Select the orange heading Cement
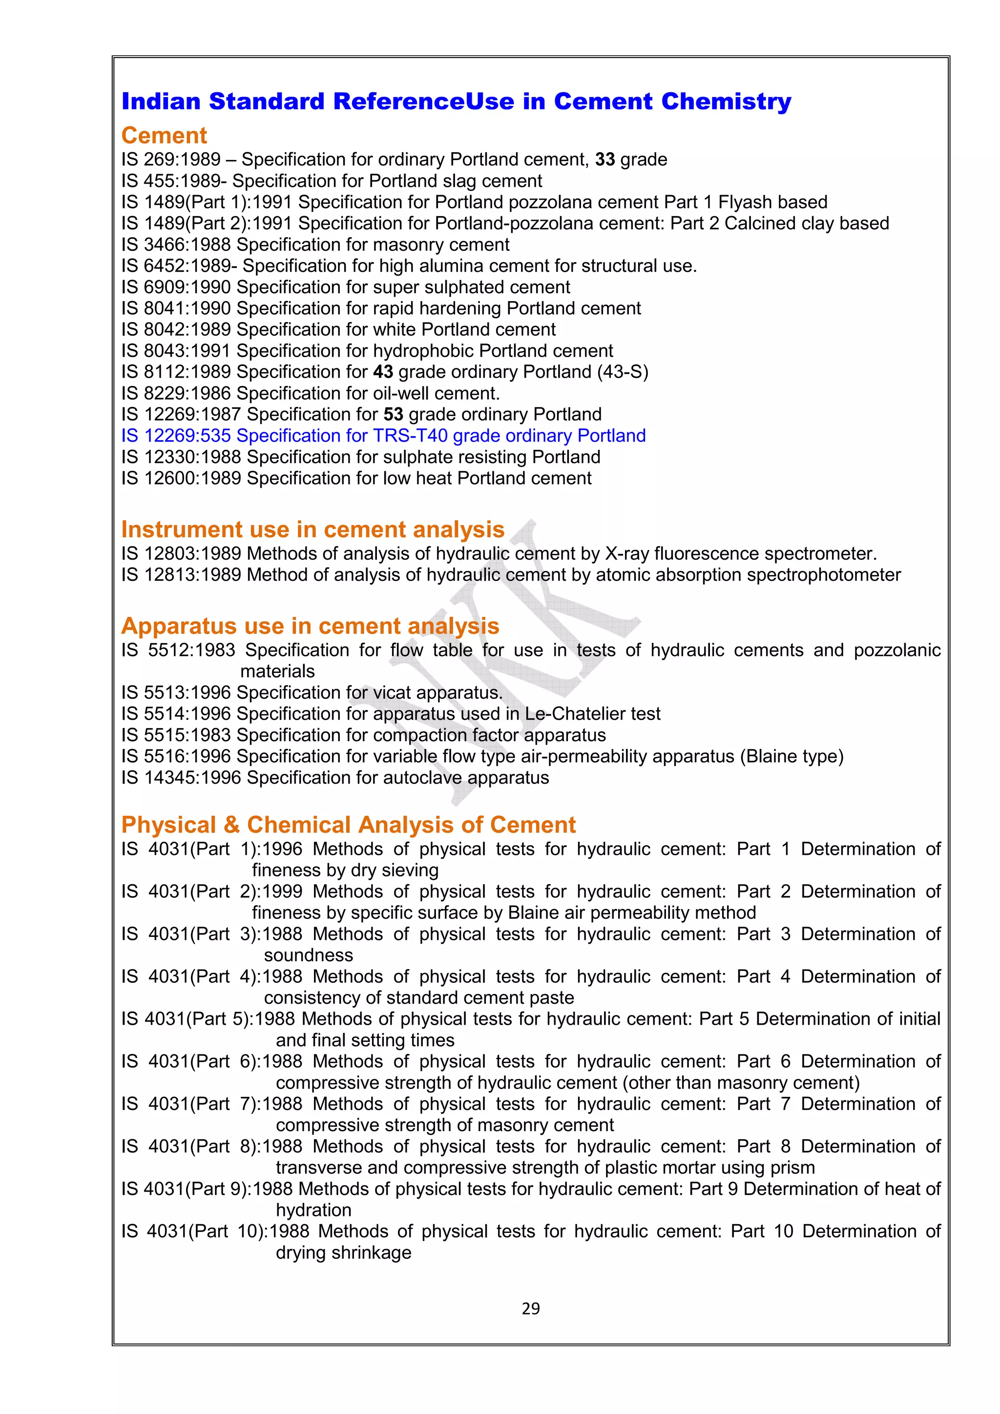164,136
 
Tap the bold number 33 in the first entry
604,160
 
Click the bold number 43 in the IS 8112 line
383,372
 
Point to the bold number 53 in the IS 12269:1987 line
393,414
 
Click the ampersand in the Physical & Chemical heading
231,825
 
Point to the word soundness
308,955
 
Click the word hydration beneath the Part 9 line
313,1210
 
